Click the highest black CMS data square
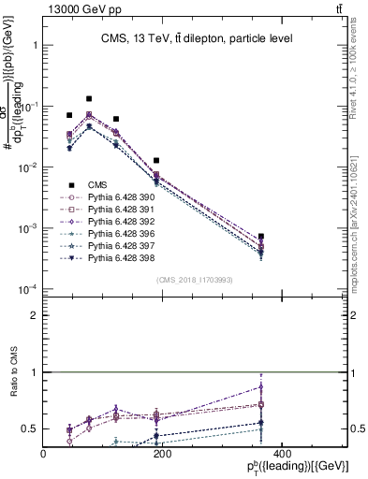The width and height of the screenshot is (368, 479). point(89,98)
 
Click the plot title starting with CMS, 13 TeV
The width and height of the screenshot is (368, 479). point(197,38)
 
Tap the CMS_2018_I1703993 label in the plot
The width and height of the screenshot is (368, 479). point(195,280)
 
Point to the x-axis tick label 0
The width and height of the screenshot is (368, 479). point(44,454)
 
